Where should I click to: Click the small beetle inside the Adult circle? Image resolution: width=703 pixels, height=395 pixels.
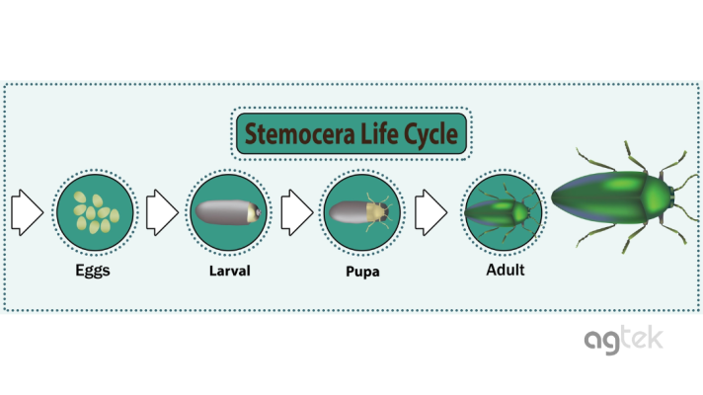coord(504,211)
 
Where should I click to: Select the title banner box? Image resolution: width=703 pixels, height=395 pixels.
coord(351,135)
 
